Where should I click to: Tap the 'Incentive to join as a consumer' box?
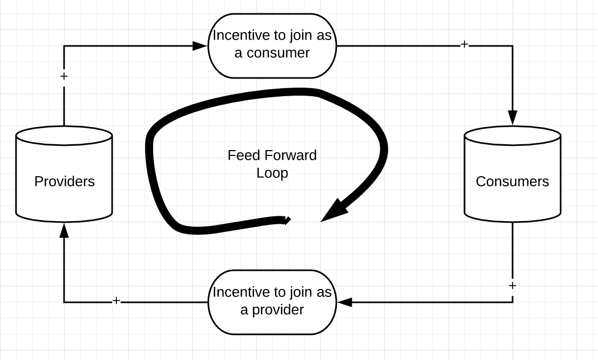coord(272,45)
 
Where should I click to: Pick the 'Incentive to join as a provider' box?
coord(272,302)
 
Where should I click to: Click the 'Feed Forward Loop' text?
coord(272,164)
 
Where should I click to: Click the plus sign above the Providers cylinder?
coord(64,76)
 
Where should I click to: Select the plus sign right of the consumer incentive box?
coord(464,45)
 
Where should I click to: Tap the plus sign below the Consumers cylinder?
coord(513,286)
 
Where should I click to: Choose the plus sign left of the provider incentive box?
coord(116,301)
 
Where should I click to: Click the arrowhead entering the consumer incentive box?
coord(200,46)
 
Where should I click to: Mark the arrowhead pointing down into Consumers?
coord(513,118)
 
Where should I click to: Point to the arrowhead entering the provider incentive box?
coord(345,302)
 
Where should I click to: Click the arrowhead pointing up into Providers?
coord(64,230)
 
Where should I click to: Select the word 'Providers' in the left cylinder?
coord(64,182)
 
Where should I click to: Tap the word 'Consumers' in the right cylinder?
coord(512,182)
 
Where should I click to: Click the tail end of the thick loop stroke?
coord(286,220)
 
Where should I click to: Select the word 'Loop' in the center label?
coord(272,173)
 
